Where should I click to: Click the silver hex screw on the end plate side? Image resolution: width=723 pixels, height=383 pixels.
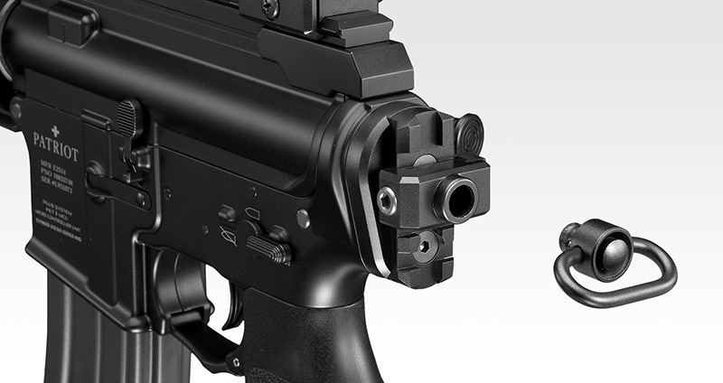click(387, 200)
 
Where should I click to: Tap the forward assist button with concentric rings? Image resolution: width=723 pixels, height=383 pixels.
click(468, 135)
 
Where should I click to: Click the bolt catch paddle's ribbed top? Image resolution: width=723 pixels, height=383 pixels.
click(129, 116)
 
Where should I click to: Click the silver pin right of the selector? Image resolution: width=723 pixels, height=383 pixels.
click(303, 218)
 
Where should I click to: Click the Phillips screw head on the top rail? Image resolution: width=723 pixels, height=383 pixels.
click(269, 6)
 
